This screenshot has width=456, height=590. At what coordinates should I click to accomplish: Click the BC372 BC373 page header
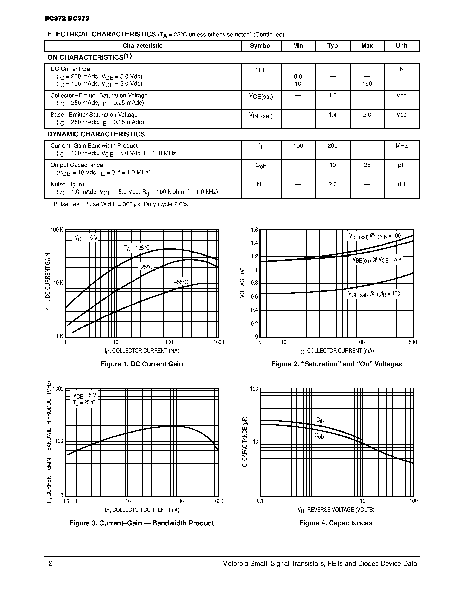(67, 18)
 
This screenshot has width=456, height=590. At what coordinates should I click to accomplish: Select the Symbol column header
(261, 46)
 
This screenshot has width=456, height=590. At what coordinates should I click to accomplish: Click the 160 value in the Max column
(367, 84)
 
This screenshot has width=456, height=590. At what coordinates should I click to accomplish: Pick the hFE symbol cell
(261, 70)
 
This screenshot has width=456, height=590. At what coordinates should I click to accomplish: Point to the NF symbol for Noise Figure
(261, 184)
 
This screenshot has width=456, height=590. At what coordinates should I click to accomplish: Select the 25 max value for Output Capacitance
(367, 165)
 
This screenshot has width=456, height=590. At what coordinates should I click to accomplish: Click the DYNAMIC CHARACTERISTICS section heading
(96, 134)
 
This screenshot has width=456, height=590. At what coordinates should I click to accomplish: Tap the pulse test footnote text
(117, 204)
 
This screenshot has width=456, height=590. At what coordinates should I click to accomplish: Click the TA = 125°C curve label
(137, 248)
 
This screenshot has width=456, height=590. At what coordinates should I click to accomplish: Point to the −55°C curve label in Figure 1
(181, 282)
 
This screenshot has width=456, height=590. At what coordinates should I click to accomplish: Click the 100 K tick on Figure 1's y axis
(57, 230)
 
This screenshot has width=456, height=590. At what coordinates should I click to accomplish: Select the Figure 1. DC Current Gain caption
(142, 364)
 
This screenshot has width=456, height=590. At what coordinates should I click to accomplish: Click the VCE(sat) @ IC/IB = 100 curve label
(374, 294)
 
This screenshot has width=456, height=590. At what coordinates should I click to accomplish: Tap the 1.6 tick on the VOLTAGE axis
(255, 230)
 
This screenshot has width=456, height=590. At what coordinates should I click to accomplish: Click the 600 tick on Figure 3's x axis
(219, 501)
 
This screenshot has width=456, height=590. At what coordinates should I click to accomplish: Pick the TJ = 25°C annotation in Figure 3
(84, 403)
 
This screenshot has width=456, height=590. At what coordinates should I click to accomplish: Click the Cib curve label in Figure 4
(320, 420)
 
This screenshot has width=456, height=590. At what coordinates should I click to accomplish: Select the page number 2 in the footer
(50, 564)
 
